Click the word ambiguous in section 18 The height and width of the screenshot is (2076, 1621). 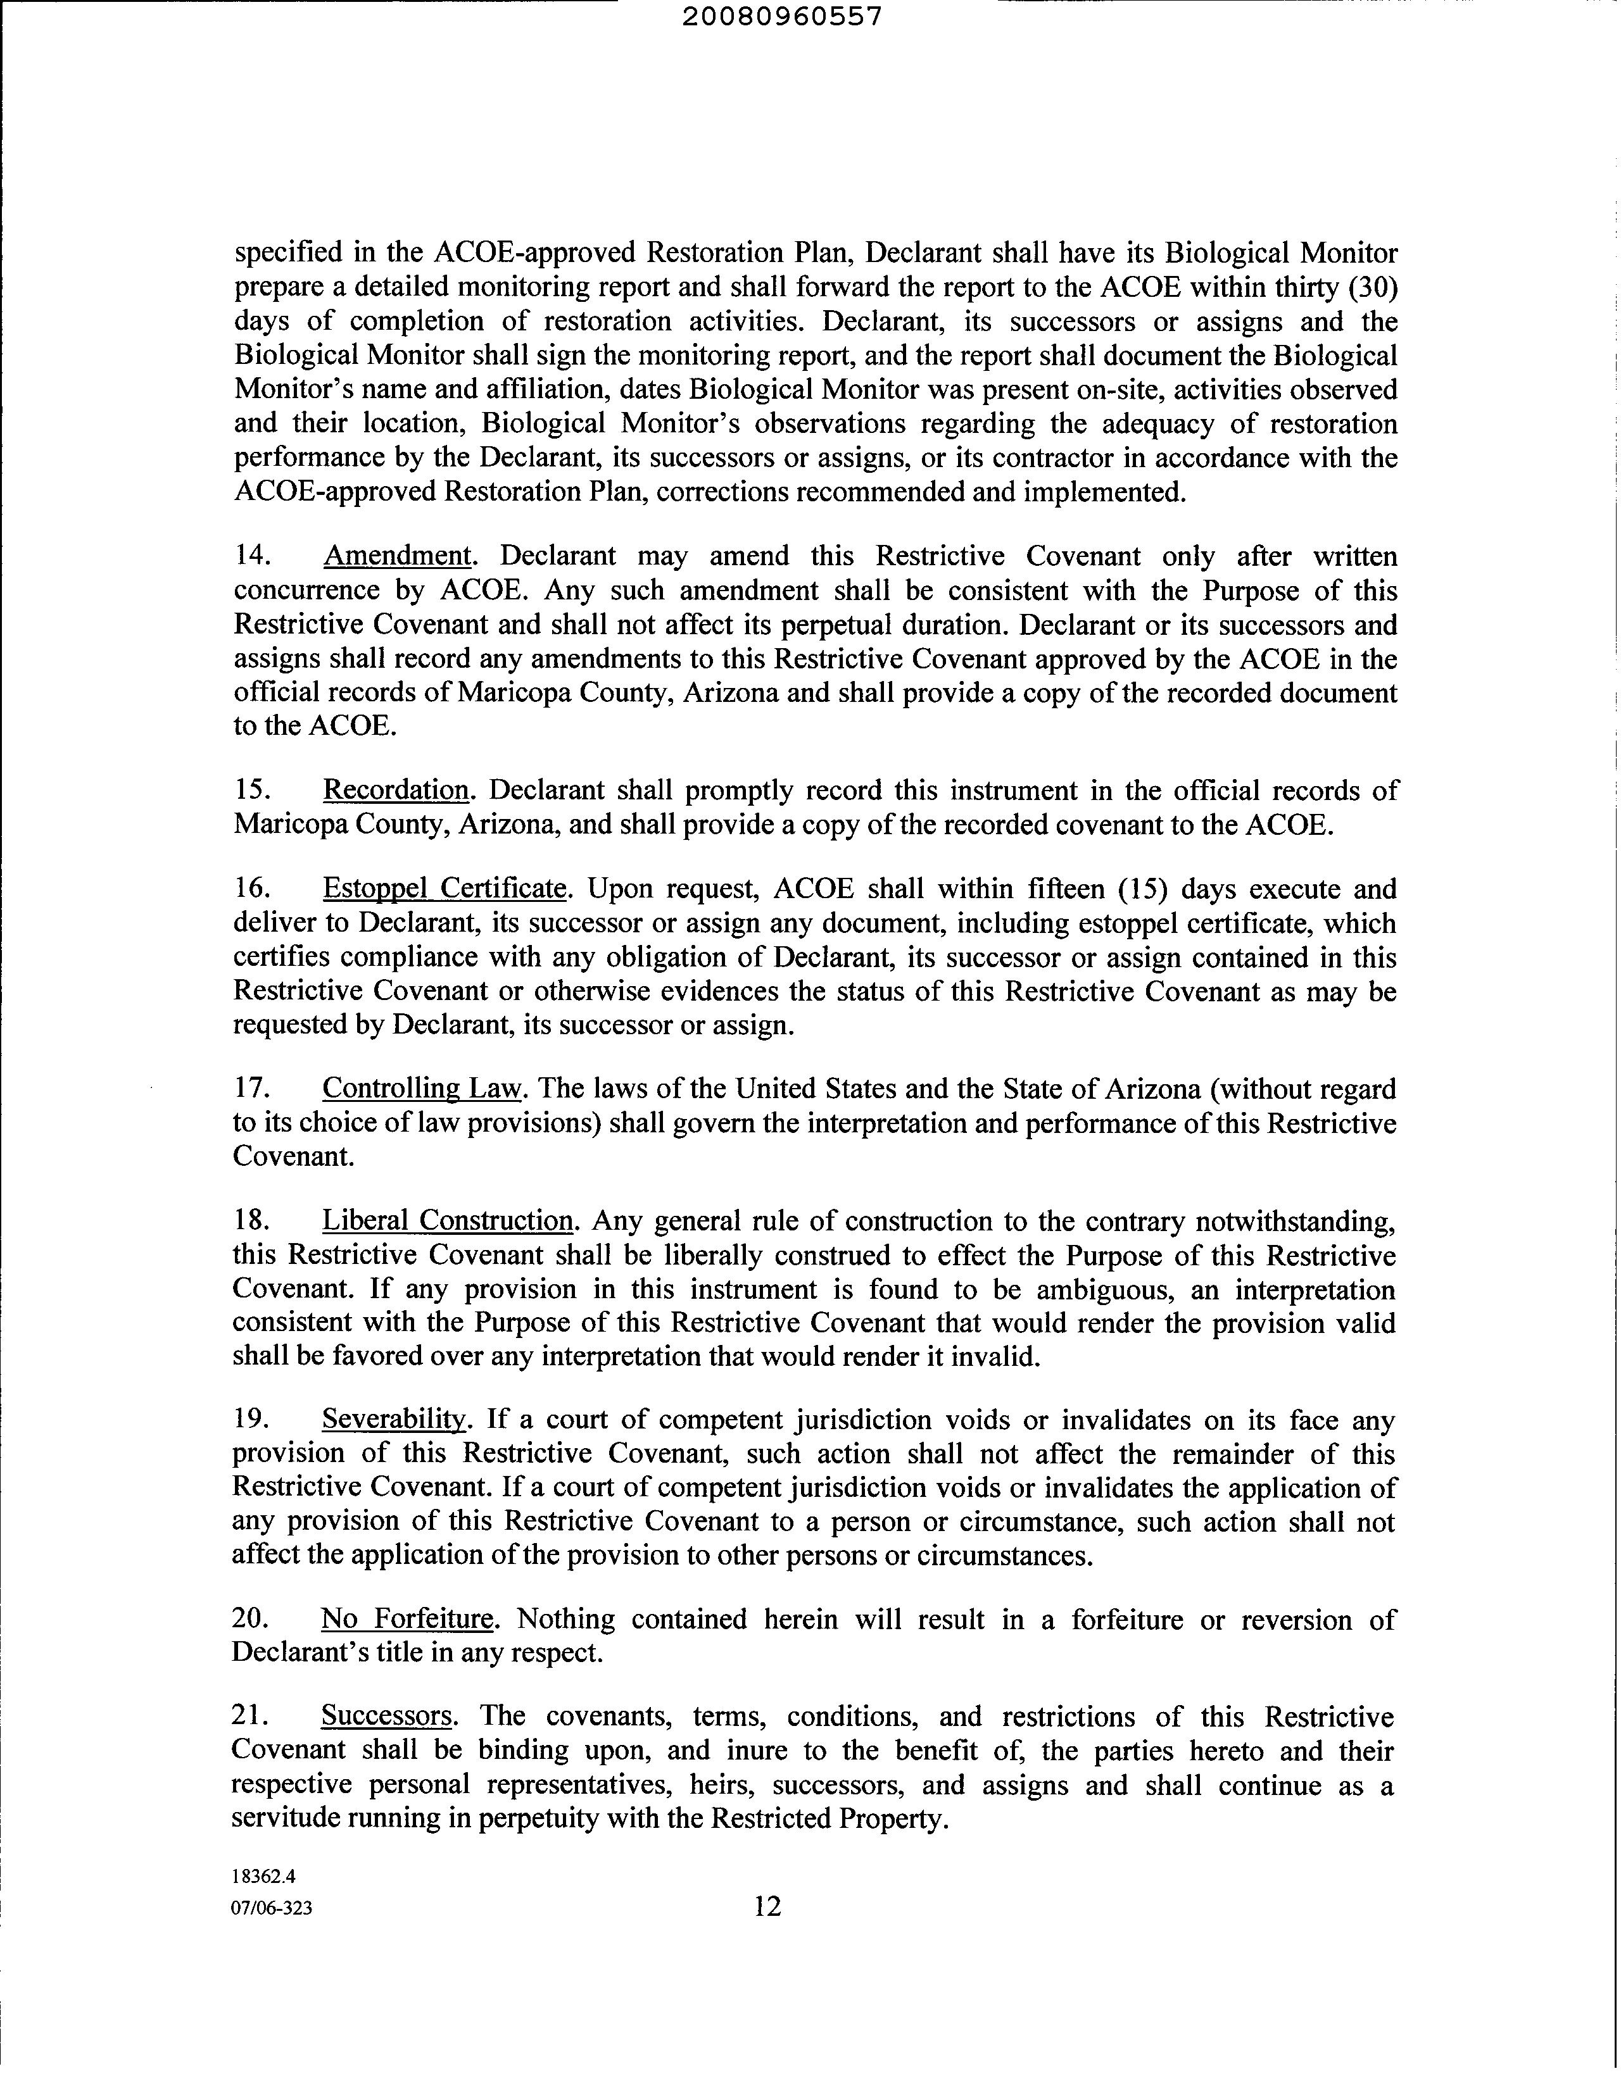coord(1111,1290)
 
